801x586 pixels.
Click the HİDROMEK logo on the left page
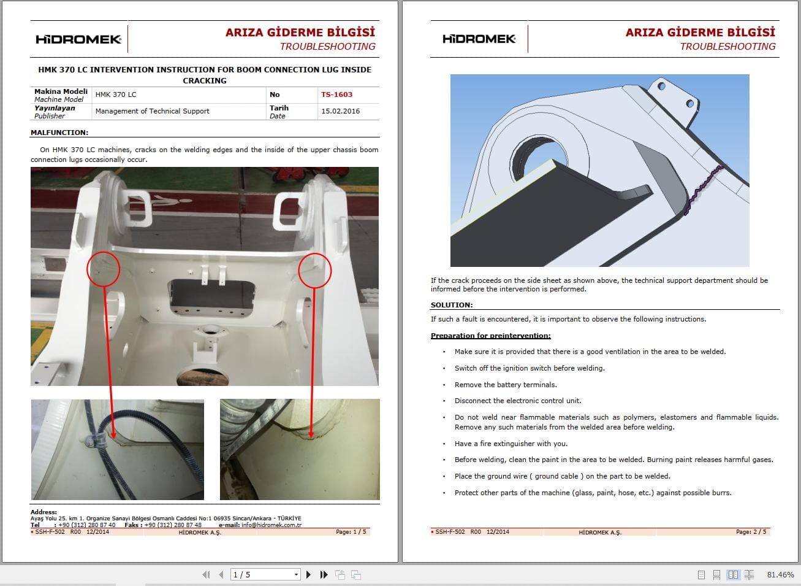click(78, 39)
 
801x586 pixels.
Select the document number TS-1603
click(336, 94)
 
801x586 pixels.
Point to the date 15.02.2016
click(340, 111)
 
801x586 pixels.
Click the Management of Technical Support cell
click(153, 111)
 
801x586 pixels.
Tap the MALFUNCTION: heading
click(59, 133)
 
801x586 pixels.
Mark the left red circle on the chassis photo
click(103, 269)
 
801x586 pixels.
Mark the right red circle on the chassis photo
click(315, 271)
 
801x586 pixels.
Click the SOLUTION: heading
click(452, 305)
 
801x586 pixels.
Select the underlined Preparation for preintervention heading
click(490, 336)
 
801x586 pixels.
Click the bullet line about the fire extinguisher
click(511, 444)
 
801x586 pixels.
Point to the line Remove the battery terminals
click(506, 385)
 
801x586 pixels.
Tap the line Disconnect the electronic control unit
click(518, 401)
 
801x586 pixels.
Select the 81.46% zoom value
click(780, 575)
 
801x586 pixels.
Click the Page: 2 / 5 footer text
click(751, 532)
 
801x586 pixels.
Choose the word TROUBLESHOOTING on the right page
click(727, 47)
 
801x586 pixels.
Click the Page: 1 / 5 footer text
click(351, 532)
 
